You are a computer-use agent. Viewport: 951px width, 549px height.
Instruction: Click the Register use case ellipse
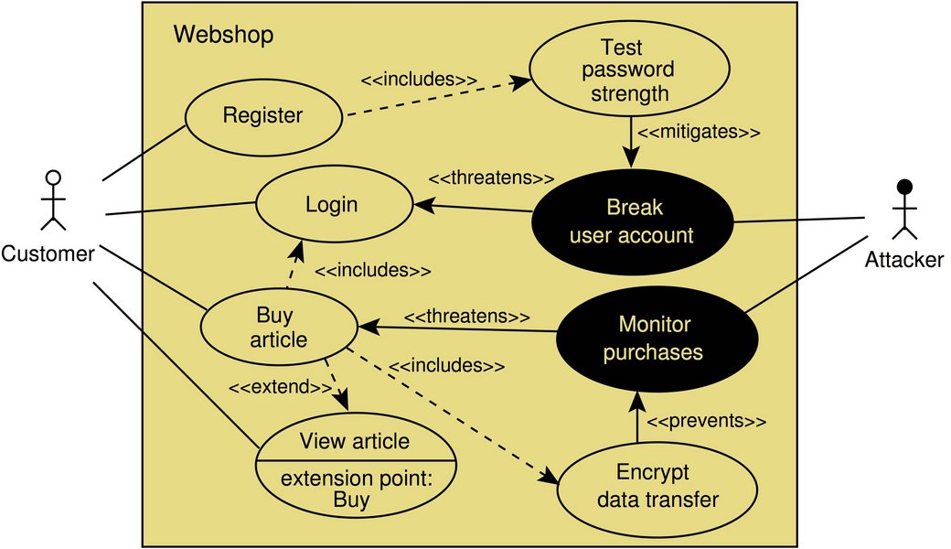[263, 116]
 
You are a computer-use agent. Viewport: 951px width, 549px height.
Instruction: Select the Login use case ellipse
[332, 205]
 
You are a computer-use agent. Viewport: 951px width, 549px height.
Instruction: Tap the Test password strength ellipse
[629, 70]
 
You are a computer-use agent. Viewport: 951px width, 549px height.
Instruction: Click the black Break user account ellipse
[632, 221]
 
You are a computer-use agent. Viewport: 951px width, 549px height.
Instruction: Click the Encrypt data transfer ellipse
[657, 486]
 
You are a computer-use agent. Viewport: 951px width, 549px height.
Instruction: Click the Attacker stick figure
[904, 207]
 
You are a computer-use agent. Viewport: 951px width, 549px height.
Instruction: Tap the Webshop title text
[223, 35]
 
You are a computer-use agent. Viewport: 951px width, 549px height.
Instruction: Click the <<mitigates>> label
[699, 132]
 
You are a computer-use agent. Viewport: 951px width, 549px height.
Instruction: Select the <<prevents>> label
[706, 422]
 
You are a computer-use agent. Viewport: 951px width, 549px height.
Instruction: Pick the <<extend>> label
[279, 388]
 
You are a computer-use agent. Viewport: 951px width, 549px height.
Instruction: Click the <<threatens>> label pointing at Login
[491, 178]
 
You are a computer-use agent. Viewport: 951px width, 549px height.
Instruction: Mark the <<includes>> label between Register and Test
[419, 80]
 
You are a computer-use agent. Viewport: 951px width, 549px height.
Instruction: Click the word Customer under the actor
[48, 253]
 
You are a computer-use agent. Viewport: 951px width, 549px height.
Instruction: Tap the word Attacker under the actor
[904, 260]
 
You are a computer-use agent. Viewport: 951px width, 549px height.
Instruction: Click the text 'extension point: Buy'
[352, 489]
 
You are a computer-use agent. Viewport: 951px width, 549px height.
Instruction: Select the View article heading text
[355, 442]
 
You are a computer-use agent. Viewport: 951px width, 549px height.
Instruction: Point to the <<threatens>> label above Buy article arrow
[466, 317]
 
